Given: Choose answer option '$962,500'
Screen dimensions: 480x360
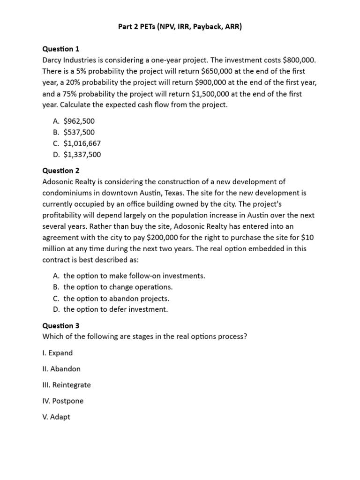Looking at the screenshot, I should [x=79, y=121].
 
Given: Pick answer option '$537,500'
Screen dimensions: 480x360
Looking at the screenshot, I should [x=79, y=132].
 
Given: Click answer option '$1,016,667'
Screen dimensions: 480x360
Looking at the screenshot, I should [x=82, y=143].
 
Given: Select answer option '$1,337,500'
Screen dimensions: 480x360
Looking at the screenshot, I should [x=82, y=155].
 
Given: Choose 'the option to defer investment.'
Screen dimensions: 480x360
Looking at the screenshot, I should [x=115, y=309].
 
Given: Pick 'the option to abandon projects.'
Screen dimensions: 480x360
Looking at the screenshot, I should [x=116, y=299].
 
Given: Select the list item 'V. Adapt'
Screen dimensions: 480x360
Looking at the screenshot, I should [x=56, y=417].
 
